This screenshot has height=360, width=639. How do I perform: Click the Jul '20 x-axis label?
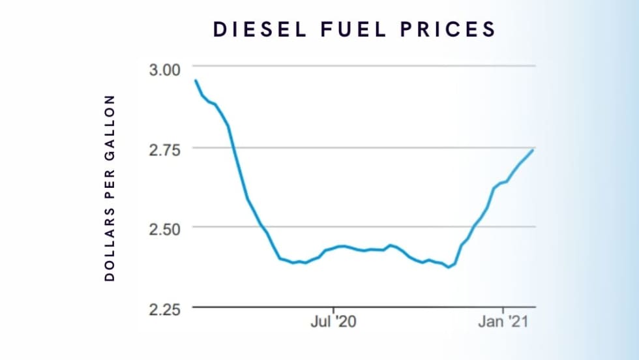[x=334, y=322]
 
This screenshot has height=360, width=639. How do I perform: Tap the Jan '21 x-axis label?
[x=503, y=322]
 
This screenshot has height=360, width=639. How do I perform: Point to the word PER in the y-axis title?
[x=110, y=190]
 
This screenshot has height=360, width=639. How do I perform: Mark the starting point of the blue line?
[x=195, y=80]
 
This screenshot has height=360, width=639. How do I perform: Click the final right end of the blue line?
[x=534, y=150]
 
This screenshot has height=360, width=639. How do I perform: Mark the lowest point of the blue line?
[x=448, y=267]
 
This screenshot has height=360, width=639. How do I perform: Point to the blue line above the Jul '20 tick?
[x=334, y=248]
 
